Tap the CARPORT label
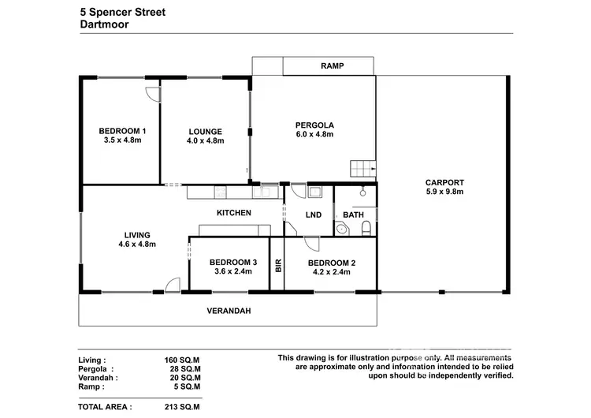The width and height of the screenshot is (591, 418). tap(444, 181)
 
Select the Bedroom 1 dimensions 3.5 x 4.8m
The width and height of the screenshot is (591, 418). tap(121, 141)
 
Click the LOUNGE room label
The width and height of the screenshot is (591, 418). tap(205, 132)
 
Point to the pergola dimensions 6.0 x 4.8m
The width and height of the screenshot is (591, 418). tap(314, 135)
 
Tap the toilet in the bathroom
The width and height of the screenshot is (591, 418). tap(366, 228)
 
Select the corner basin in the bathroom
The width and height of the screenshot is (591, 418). tap(340, 229)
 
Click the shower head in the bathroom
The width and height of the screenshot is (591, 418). tap(362, 191)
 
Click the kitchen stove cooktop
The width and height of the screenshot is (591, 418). tap(220, 191)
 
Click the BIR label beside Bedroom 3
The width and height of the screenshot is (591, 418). tap(277, 266)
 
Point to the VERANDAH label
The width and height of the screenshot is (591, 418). tap(229, 311)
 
